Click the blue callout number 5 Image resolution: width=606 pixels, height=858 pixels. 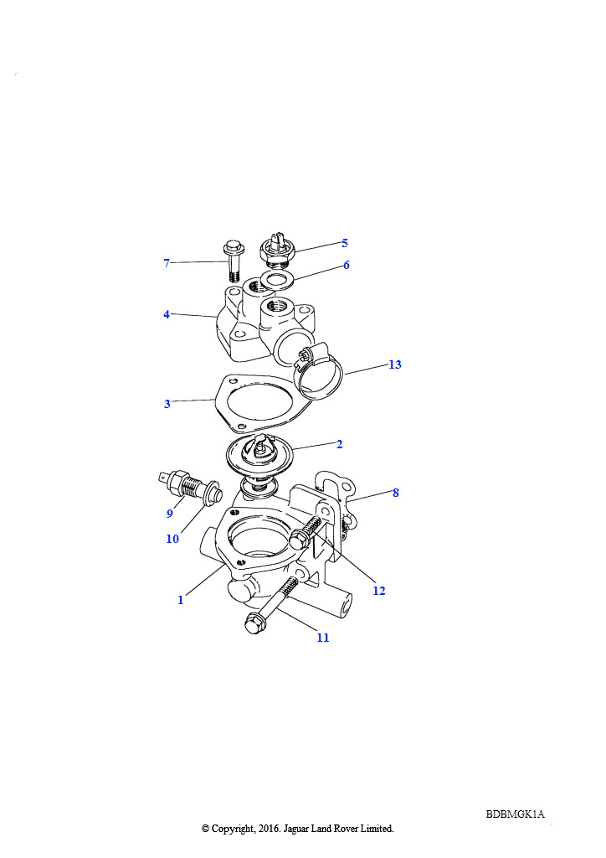pyautogui.click(x=344, y=243)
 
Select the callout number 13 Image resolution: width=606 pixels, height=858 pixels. pyautogui.click(x=394, y=364)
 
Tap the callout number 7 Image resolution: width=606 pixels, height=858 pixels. pyautogui.click(x=167, y=263)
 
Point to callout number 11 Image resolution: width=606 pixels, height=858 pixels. pyautogui.click(x=323, y=638)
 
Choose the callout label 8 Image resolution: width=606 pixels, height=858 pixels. pyautogui.click(x=396, y=493)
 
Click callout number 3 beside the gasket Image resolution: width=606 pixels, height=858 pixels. pyautogui.click(x=167, y=404)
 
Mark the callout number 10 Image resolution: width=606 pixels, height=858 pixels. pyautogui.click(x=172, y=539)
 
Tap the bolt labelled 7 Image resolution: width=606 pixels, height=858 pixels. pyautogui.click(x=234, y=261)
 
